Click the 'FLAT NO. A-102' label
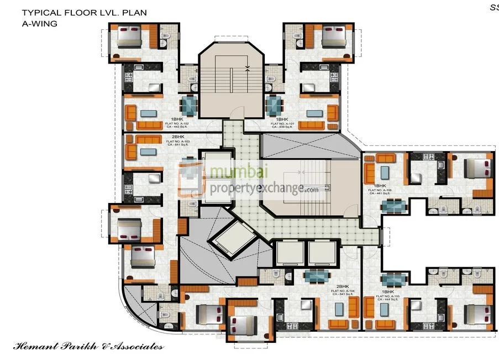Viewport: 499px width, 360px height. coord(176,123)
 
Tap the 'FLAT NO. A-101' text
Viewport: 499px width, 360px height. coord(282,123)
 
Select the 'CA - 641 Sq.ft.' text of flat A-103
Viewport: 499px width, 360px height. coord(177,145)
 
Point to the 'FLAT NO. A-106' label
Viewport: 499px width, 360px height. coord(383,190)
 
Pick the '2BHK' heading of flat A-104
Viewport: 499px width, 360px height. coord(343,286)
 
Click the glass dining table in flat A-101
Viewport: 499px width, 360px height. coord(274,105)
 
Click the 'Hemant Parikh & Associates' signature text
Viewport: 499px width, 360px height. coord(88,347)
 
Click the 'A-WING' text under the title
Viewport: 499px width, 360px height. coord(39,23)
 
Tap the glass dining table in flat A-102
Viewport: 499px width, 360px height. coord(189,105)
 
